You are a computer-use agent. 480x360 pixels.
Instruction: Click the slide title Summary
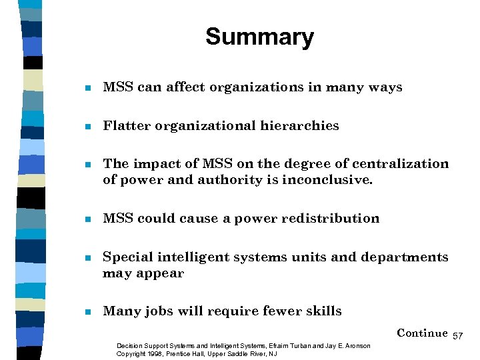point(259,37)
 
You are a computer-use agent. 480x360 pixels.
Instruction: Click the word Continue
point(422,333)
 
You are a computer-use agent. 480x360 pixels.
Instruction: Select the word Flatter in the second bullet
point(126,125)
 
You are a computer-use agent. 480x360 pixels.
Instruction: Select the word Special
point(127,257)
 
